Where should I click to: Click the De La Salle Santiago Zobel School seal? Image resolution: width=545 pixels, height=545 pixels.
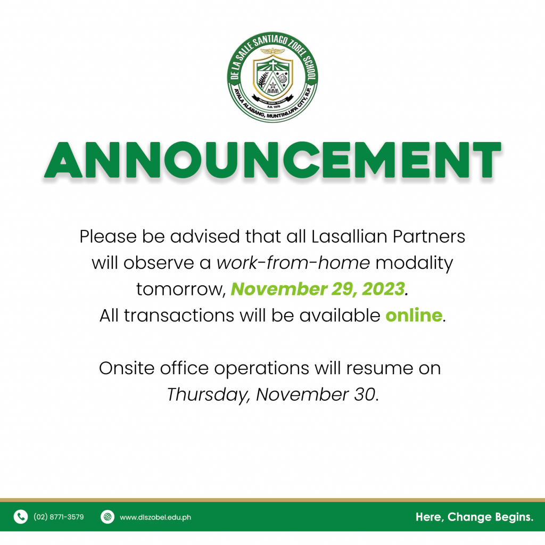point(272,77)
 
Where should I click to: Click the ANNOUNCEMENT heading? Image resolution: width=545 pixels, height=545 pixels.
point(272,160)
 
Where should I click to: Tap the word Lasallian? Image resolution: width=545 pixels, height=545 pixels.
point(349,237)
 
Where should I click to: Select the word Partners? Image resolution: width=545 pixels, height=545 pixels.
point(429,237)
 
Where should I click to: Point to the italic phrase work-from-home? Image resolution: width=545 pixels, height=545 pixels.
point(293,263)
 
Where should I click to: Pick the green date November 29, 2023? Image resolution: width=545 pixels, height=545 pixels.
point(318,289)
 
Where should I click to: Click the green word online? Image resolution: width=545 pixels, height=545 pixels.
point(414,315)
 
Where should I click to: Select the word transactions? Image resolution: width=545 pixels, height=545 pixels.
point(179,316)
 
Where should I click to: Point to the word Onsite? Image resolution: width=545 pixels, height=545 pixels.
point(127,368)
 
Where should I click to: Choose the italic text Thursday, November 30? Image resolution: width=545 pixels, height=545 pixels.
point(272,395)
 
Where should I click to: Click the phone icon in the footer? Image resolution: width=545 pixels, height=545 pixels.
point(21,517)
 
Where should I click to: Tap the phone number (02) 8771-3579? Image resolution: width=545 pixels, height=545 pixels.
point(59,517)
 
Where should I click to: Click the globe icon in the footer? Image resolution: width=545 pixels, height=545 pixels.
point(108,517)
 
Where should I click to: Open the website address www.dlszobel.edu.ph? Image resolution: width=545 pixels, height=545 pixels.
point(155,517)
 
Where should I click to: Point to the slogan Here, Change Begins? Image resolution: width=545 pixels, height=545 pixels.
point(474,517)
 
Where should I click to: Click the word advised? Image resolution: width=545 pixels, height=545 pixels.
point(205,237)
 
